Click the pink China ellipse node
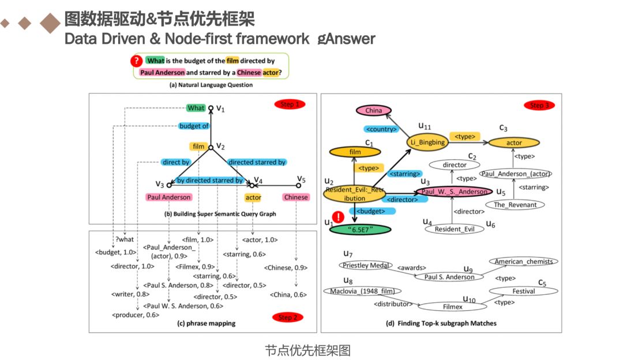click(374, 110)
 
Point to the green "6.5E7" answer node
click(361, 228)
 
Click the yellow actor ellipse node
click(513, 143)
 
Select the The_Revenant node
click(515, 204)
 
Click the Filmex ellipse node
click(452, 306)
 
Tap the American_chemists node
click(524, 261)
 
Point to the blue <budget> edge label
click(370, 211)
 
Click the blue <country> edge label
click(381, 129)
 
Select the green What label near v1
click(196, 108)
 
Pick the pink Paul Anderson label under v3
click(169, 197)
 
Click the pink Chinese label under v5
click(297, 197)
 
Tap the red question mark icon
click(137, 61)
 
